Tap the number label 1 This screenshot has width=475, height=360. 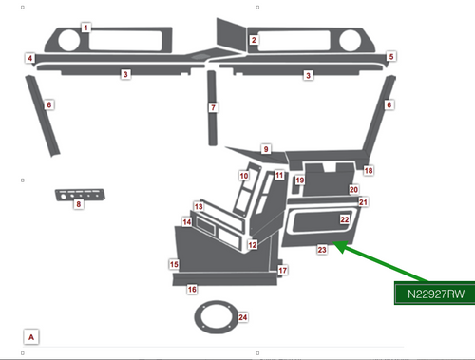tap(86, 28)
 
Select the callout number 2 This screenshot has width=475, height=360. tap(254, 41)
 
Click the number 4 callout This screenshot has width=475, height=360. tap(30, 59)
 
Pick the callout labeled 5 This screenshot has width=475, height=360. tap(391, 57)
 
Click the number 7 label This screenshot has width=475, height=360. tap(214, 108)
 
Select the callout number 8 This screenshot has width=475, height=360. tap(79, 205)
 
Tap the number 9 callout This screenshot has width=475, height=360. tap(267, 149)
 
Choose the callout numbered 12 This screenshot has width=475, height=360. tap(253, 245)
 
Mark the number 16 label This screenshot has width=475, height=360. tap(191, 289)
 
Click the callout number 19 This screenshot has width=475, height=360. tap(299, 180)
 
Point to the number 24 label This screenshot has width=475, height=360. tap(243, 317)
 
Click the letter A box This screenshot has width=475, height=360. tap(31, 336)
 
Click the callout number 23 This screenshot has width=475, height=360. tap(322, 250)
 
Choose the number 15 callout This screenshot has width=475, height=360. tap(174, 264)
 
